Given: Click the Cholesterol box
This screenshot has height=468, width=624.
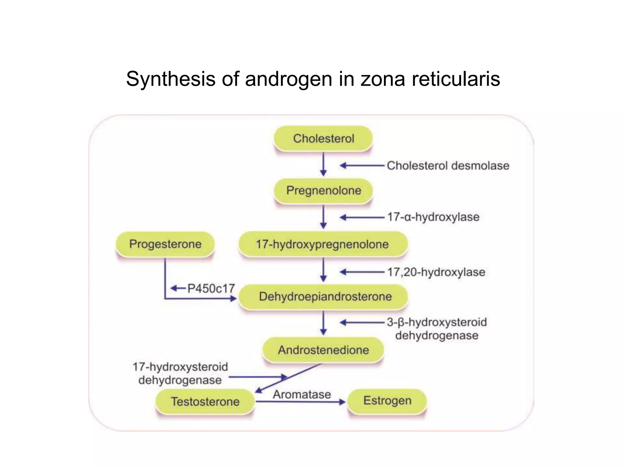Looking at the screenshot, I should coord(323,139).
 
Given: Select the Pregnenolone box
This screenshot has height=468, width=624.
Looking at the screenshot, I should coord(323,191).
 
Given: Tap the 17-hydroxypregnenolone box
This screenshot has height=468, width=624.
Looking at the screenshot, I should coord(323,244).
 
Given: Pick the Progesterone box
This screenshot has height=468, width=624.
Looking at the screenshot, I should coord(165,244).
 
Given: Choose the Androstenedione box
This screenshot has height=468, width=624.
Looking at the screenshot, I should coord(323,350).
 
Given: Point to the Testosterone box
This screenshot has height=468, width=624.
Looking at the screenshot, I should coord(205,402).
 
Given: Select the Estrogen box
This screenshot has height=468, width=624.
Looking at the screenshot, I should coord(387,401).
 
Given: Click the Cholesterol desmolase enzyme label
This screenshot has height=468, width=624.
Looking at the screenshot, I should coord(448,166).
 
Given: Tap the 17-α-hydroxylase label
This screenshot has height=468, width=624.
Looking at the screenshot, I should coord(433,217).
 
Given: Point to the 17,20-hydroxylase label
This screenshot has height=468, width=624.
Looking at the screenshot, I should coord(436,272).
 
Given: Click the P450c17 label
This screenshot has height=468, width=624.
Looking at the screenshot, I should coord(211,288).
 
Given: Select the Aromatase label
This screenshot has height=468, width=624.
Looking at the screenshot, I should coord(302,395).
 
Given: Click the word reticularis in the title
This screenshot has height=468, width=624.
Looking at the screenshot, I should coord(456,79).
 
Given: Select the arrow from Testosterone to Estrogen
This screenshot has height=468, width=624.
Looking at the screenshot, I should coord(300,402).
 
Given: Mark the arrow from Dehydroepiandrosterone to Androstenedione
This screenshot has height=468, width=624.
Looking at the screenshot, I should coord(324,323).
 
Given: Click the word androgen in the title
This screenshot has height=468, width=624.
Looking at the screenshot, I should coord(288,79).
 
